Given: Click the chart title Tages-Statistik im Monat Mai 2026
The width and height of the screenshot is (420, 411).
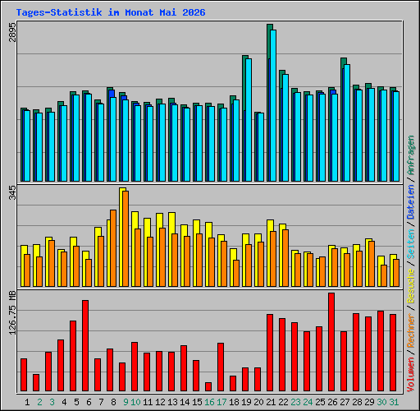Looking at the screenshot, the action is pyautogui.click(x=111, y=12).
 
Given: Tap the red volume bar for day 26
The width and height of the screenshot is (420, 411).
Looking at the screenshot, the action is pyautogui.click(x=331, y=342).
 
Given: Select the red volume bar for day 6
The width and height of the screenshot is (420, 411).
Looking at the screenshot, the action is pyautogui.click(x=85, y=345).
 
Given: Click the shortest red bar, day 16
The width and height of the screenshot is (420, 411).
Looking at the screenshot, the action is pyautogui.click(x=208, y=386).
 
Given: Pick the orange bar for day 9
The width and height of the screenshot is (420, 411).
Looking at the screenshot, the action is pyautogui.click(x=126, y=238).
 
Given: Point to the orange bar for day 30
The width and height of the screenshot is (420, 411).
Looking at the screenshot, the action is pyautogui.click(x=384, y=275).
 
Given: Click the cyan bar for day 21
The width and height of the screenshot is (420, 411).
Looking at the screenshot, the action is pyautogui.click(x=273, y=105).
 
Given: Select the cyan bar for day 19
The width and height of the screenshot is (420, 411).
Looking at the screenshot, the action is pyautogui.click(x=249, y=120).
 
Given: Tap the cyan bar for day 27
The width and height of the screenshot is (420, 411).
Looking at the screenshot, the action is pyautogui.click(x=347, y=122).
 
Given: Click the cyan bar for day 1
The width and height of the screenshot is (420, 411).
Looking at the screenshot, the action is pyautogui.click(x=27, y=145).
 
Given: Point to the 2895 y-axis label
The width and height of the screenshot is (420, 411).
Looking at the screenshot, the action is pyautogui.click(x=12, y=32).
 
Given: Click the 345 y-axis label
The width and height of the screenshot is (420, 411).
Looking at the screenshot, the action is pyautogui.click(x=12, y=192).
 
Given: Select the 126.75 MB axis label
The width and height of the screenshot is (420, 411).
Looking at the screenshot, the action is pyautogui.click(x=12, y=312).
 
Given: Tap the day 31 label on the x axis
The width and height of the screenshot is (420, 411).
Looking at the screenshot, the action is pyautogui.click(x=394, y=402).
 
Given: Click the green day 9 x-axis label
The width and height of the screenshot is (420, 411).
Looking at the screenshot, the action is pyautogui.click(x=126, y=402).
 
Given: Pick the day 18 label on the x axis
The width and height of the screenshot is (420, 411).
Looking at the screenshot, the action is pyautogui.click(x=234, y=402).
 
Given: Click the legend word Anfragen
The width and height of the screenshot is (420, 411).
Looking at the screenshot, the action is pyautogui.click(x=411, y=155).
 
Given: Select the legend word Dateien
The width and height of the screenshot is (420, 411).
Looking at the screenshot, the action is pyautogui.click(x=411, y=202).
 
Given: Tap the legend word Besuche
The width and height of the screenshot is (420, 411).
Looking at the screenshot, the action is pyautogui.click(x=411, y=285).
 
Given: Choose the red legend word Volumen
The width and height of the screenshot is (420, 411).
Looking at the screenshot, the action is pyautogui.click(x=411, y=375).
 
